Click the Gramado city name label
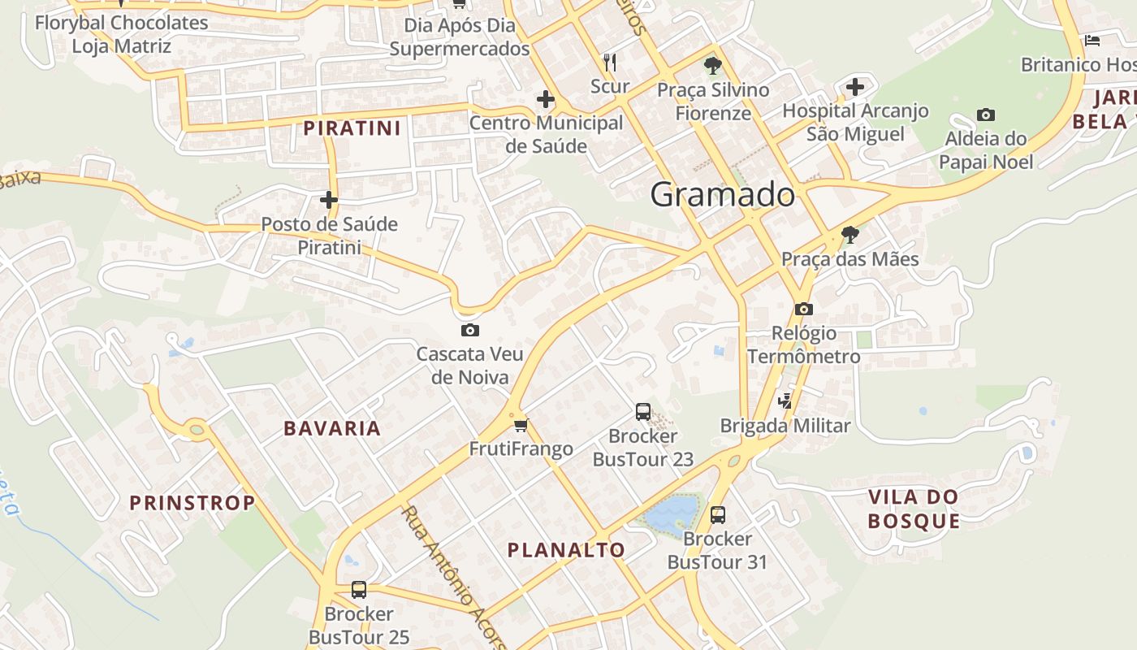pyautogui.click(x=722, y=195)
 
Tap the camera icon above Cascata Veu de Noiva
pyautogui.click(x=469, y=330)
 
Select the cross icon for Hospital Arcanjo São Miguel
pyautogui.click(x=855, y=86)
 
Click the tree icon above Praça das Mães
pyautogui.click(x=850, y=235)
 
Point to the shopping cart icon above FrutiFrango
pyautogui.click(x=521, y=425)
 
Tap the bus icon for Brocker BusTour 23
pyautogui.click(x=643, y=412)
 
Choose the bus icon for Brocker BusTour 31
pyautogui.click(x=718, y=514)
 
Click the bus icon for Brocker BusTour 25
pyautogui.click(x=359, y=590)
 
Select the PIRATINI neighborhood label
pyautogui.click(x=352, y=128)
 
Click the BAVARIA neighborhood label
pyautogui.click(x=332, y=429)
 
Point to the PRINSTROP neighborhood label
pyautogui.click(x=192, y=503)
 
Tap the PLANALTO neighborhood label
pyautogui.click(x=566, y=550)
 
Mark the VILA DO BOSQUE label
pyautogui.click(x=914, y=509)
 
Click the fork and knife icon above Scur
pyautogui.click(x=611, y=62)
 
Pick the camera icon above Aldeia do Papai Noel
pyautogui.click(x=986, y=115)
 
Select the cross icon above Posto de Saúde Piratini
pyautogui.click(x=329, y=199)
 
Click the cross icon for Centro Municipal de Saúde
pyautogui.click(x=546, y=100)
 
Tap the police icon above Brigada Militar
pyautogui.click(x=785, y=400)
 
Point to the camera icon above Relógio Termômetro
pyautogui.click(x=804, y=309)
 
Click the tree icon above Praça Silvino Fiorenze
pyautogui.click(x=713, y=65)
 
